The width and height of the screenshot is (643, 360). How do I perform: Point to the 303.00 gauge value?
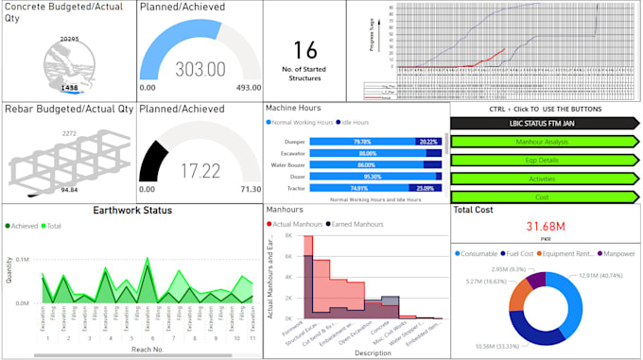coord(200,70)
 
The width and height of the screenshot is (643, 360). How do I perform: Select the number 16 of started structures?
coord(305,50)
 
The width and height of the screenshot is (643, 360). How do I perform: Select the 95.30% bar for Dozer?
coord(373,176)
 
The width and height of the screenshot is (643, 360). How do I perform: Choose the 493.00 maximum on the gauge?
coord(248,88)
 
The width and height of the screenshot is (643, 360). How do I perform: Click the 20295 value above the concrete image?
coord(68,39)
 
